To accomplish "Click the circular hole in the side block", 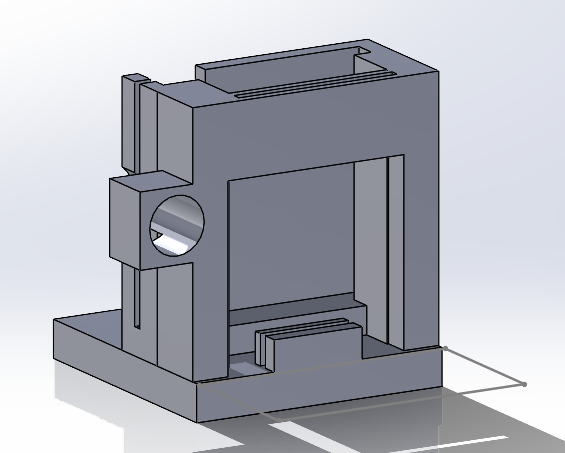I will [177, 225].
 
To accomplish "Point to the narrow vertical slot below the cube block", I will [135, 299].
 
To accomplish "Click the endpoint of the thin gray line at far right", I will [525, 384].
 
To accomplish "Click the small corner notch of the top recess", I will [365, 49].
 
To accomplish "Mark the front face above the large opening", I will [300, 130].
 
